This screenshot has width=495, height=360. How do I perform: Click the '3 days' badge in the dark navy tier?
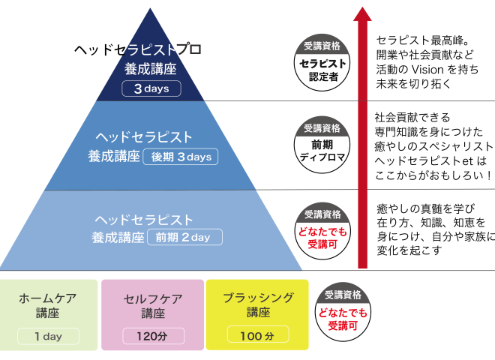tap(151, 88)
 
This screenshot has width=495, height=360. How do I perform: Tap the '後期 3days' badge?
tap(181, 157)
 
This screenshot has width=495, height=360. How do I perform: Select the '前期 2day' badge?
tap(184, 237)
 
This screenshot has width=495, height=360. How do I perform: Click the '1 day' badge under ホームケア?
tap(48, 336)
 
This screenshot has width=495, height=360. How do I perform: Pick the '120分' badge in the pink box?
tap(154, 336)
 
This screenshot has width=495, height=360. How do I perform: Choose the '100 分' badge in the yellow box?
tap(258, 334)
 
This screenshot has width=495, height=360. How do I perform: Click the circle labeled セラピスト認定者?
tap(322, 62)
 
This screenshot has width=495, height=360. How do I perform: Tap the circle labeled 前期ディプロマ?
tap(322, 145)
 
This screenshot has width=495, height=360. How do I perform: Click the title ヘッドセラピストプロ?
tap(138, 49)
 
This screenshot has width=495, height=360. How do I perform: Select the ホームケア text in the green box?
tap(48, 298)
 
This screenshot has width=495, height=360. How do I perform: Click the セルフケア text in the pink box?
tap(153, 298)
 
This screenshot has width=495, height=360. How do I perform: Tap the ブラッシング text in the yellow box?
tap(258, 298)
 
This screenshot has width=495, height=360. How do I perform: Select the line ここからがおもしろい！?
tap(433, 175)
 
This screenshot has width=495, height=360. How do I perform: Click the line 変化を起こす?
tap(409, 250)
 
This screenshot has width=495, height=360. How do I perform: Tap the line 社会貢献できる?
tap(412, 118)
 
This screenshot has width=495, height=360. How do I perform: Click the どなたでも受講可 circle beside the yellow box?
tap(343, 312)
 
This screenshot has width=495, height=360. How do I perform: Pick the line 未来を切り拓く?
tap(413, 84)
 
